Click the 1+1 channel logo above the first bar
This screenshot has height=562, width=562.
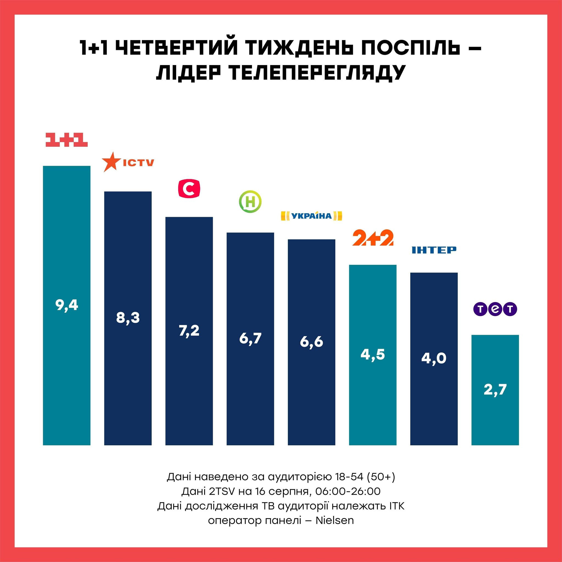pos(67,140)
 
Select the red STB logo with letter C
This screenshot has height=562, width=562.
pos(189,189)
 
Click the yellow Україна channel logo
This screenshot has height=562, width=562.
pos(311,216)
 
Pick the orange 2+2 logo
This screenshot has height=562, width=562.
pos(373,238)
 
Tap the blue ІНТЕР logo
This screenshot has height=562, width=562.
pos(434,250)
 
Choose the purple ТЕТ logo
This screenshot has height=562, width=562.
pos(495,309)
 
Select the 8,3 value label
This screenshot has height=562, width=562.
pos(128,318)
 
